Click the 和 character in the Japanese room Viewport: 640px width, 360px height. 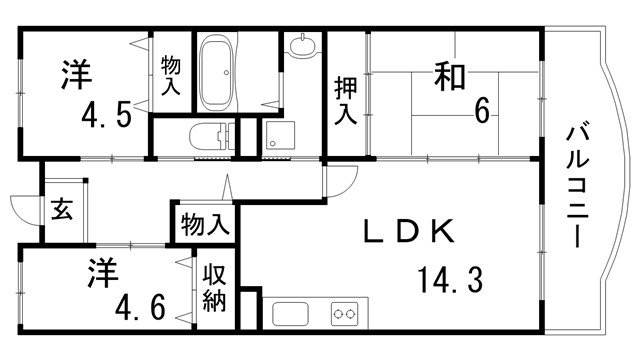click(x=451, y=75)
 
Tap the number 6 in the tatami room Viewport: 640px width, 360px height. click(x=482, y=111)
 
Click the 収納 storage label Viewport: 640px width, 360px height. click(x=215, y=289)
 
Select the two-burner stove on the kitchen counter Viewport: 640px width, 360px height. click(x=345, y=314)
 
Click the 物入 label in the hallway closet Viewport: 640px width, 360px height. click(x=206, y=224)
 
